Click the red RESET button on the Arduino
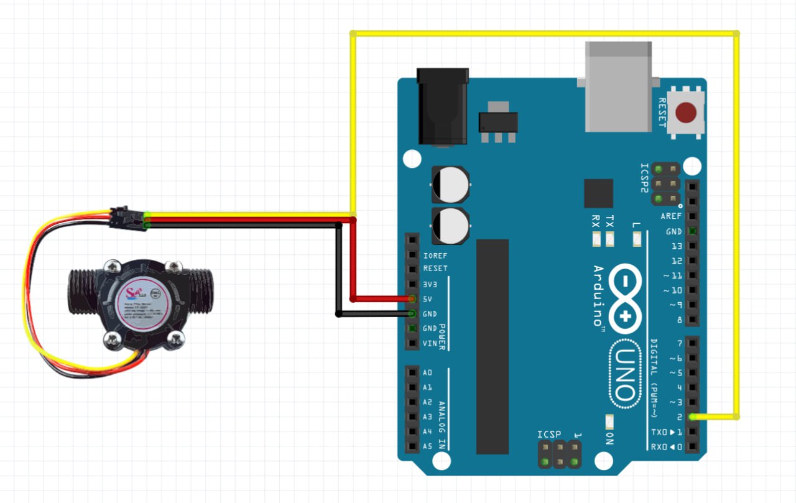tap(686, 113)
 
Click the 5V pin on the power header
tap(412, 299)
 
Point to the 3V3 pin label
tap(430, 284)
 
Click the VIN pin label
tap(430, 344)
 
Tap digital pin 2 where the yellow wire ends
tap(693, 417)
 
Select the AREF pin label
tap(671, 216)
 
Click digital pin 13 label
tap(677, 246)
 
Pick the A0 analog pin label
tap(427, 372)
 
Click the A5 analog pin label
tap(427, 446)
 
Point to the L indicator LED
tap(637, 237)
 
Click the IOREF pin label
tap(435, 255)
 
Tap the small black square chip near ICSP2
tap(598, 193)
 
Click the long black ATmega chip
tap(493, 346)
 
